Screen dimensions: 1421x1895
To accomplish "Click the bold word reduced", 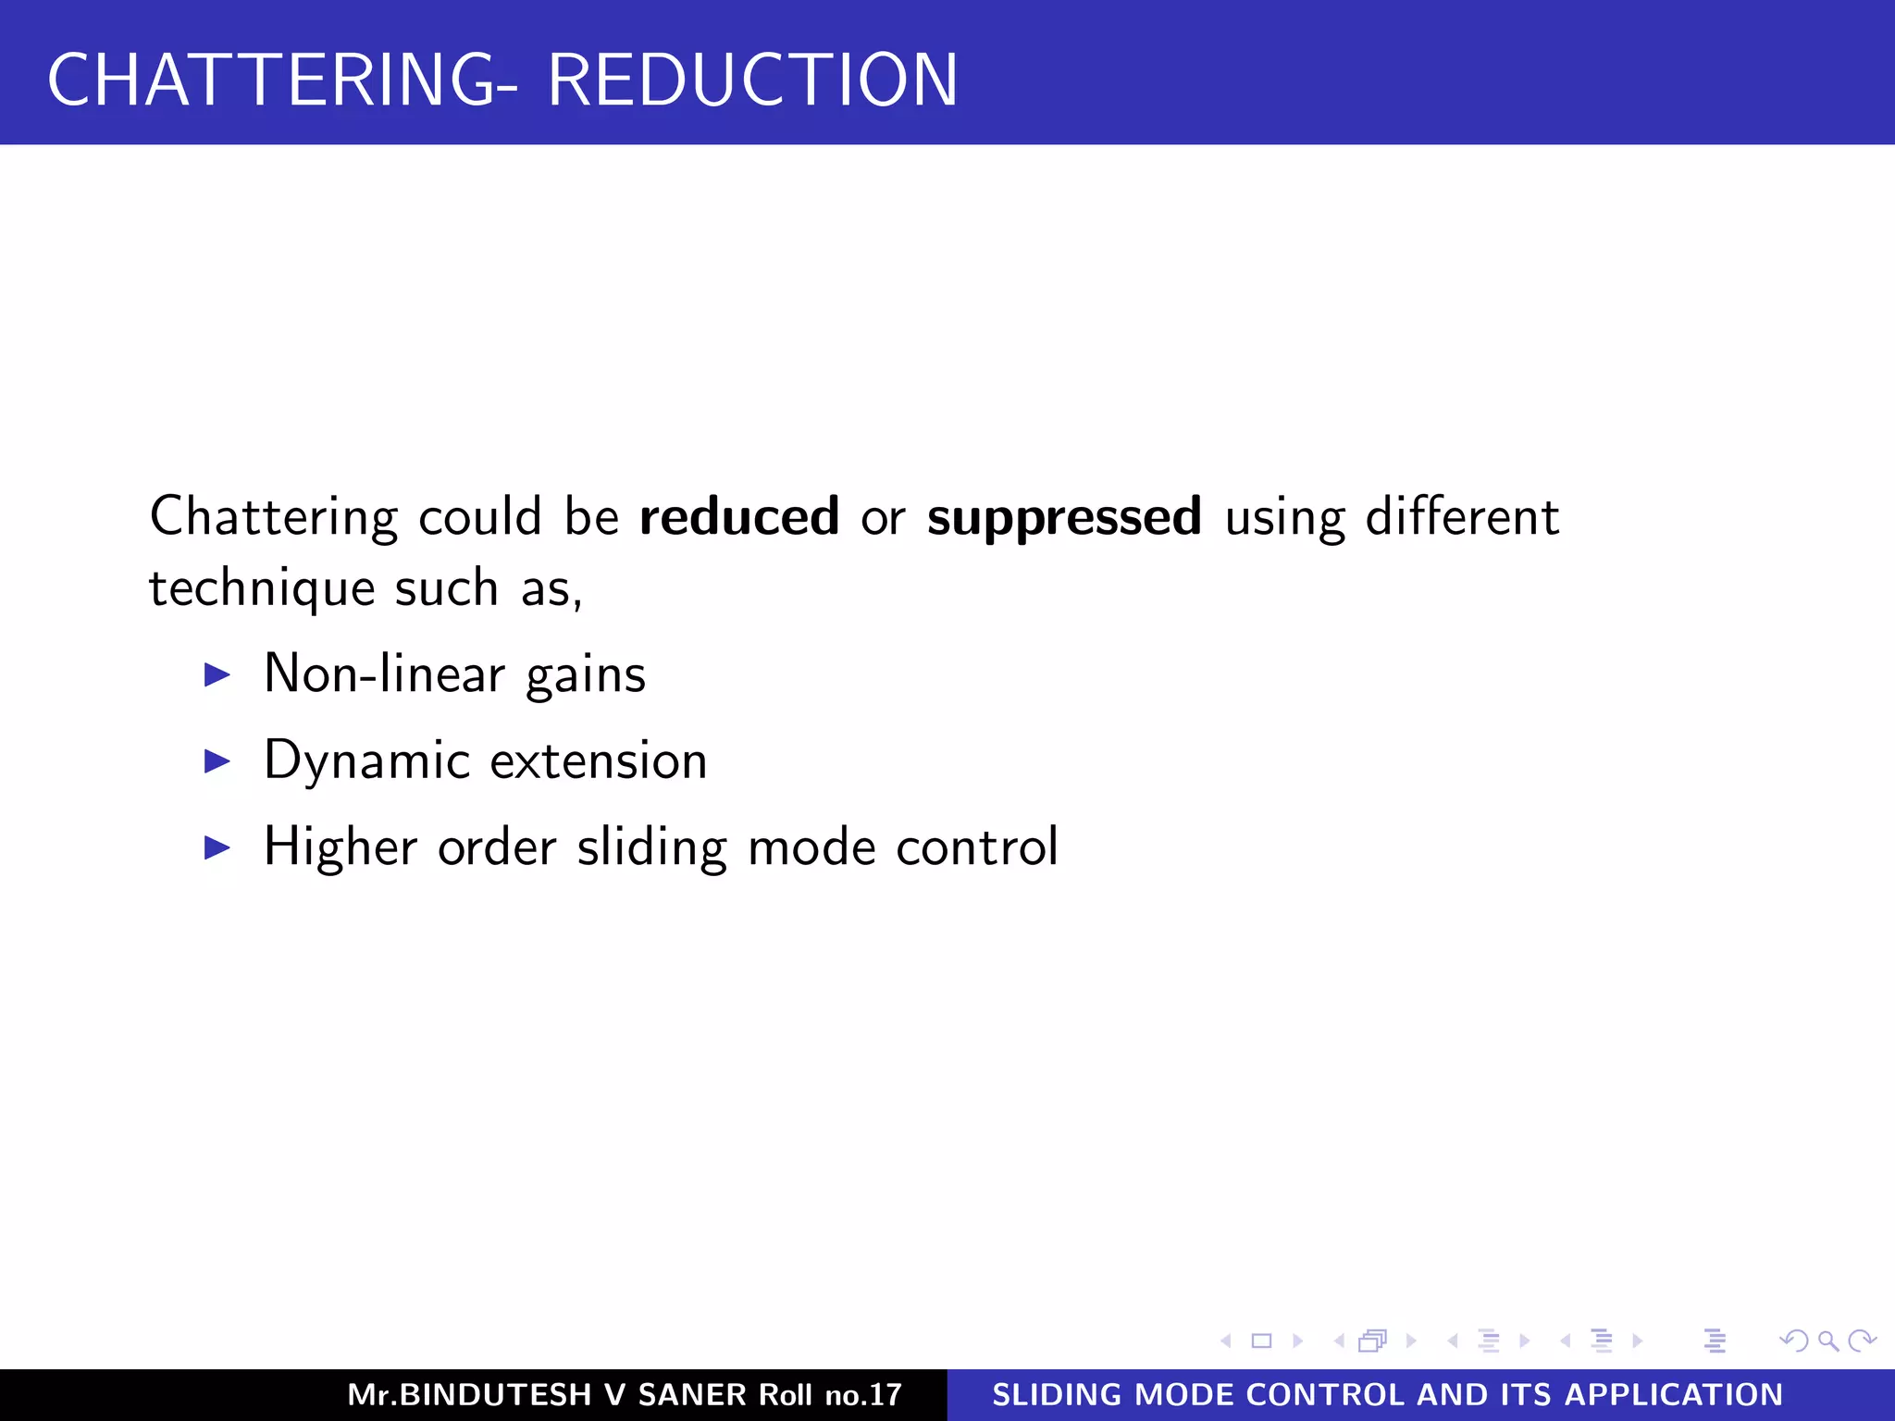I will click(739, 516).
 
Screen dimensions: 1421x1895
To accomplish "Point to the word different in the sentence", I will click(1462, 516).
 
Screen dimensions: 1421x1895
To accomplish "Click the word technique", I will click(262, 588).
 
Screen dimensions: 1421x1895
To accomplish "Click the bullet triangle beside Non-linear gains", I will click(217, 674).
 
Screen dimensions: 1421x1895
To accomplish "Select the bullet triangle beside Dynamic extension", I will click(217, 761).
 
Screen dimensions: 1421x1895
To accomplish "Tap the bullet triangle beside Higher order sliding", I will click(217, 847).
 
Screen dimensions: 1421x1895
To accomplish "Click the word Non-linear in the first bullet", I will click(384, 673).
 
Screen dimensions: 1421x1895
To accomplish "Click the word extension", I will click(598, 761).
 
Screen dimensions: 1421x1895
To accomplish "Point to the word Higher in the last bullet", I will click(341, 847).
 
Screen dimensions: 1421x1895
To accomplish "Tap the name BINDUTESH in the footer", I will click(495, 1395).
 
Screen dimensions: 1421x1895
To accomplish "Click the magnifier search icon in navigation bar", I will click(1827, 1341).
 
